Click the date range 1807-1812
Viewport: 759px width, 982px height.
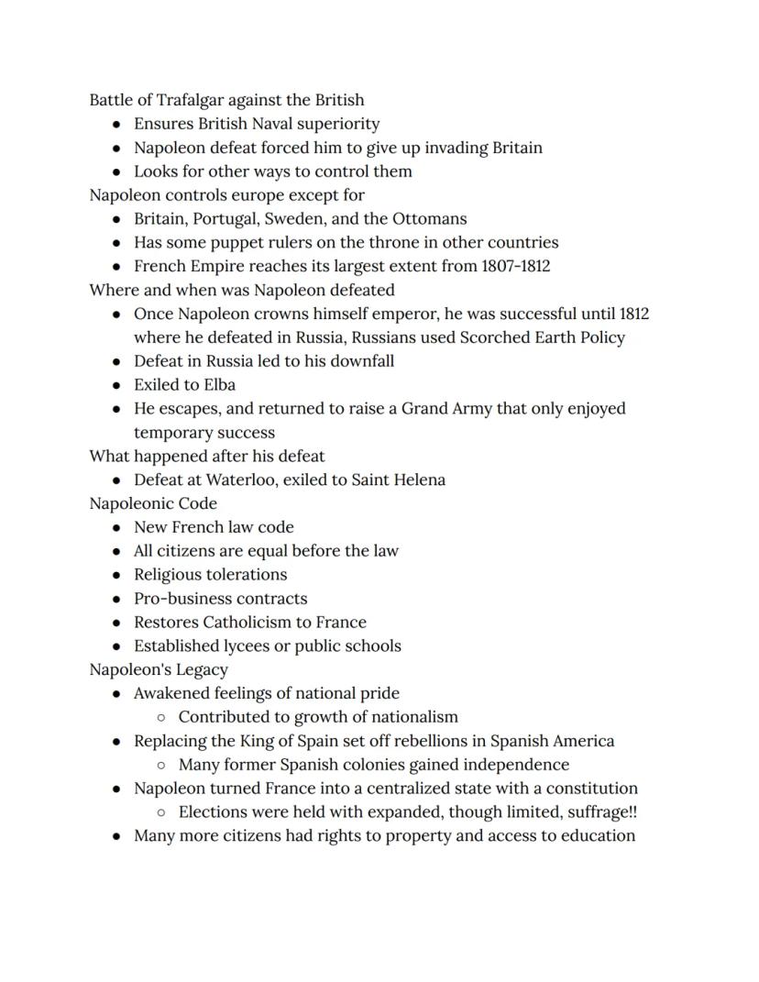[515, 267]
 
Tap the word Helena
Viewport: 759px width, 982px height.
[419, 480]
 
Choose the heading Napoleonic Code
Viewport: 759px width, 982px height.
[153, 503]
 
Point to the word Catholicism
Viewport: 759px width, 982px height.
[250, 623]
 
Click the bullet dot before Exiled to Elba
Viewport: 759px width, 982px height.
[116, 385]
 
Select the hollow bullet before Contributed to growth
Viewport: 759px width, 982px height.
[161, 717]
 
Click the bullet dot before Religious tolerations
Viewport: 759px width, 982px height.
[116, 575]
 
